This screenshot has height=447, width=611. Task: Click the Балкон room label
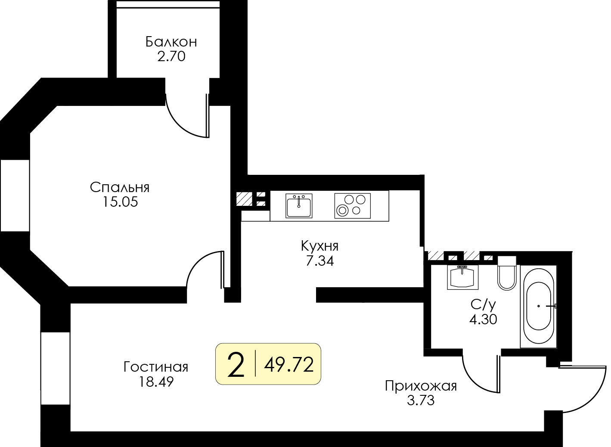tap(171, 42)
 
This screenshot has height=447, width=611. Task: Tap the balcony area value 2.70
tap(171, 56)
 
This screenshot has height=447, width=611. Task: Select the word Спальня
tap(120, 187)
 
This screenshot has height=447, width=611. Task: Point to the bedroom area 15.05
tap(120, 202)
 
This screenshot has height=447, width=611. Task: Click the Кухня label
tap(319, 246)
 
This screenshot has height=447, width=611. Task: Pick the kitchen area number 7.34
tap(319, 261)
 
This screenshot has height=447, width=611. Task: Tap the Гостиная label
tap(156, 367)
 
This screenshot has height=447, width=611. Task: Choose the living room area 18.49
tap(156, 382)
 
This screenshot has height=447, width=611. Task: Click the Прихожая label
tap(421, 386)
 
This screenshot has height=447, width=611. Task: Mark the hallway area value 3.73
tap(421, 400)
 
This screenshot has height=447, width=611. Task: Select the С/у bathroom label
tap(483, 305)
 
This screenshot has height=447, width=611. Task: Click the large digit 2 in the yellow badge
tap(236, 365)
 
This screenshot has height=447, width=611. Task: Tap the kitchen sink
tap(299, 206)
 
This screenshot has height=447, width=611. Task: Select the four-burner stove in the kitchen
tap(352, 206)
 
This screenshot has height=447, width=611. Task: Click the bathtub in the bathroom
tap(538, 306)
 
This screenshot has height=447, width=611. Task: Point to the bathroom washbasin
tap(462, 277)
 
